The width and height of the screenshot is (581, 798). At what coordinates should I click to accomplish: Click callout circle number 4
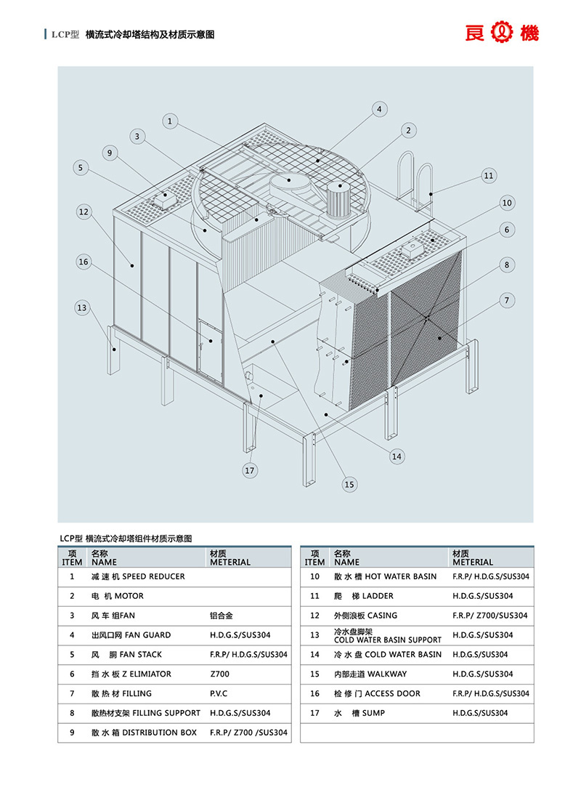(378, 110)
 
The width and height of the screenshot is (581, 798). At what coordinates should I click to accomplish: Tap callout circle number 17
(250, 471)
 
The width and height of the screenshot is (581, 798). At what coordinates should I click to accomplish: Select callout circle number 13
(82, 308)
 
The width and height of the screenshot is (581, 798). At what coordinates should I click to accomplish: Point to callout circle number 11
(488, 175)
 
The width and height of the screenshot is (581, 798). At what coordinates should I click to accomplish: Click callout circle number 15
(349, 484)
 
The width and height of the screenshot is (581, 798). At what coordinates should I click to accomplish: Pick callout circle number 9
(110, 153)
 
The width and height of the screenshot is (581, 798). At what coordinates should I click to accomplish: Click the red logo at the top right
(502, 33)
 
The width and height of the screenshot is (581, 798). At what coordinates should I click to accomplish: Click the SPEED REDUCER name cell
(138, 576)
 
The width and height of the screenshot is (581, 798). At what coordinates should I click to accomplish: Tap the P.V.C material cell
(219, 693)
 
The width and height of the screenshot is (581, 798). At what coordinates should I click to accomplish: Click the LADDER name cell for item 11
(363, 596)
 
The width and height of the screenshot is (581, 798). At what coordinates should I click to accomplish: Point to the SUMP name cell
(359, 713)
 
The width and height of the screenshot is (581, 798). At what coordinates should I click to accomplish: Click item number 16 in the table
(314, 693)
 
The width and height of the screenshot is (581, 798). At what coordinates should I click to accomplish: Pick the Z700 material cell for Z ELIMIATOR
(219, 674)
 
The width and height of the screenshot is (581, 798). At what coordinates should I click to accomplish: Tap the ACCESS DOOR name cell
(377, 693)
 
